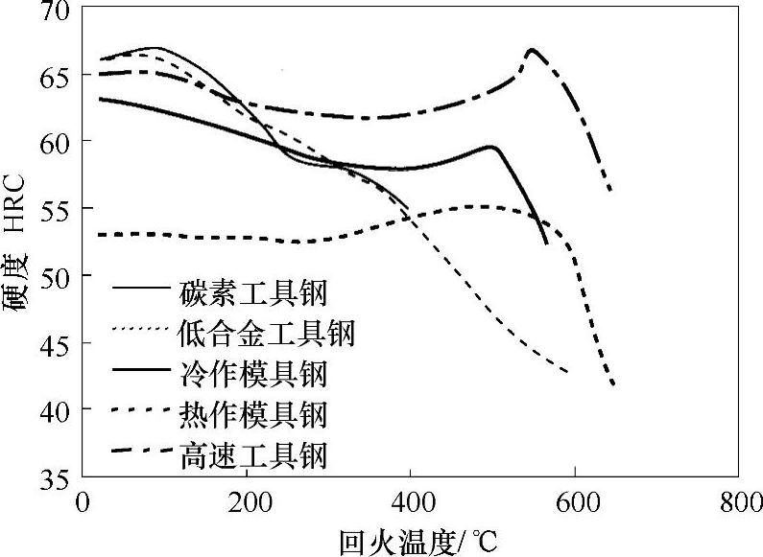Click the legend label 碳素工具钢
tap(252, 290)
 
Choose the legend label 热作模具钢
tap(252, 413)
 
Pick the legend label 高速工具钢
tap(252, 453)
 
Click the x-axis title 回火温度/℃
tap(418, 539)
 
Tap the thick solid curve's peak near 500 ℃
tap(490, 147)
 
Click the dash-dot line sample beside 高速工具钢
tap(141, 450)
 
